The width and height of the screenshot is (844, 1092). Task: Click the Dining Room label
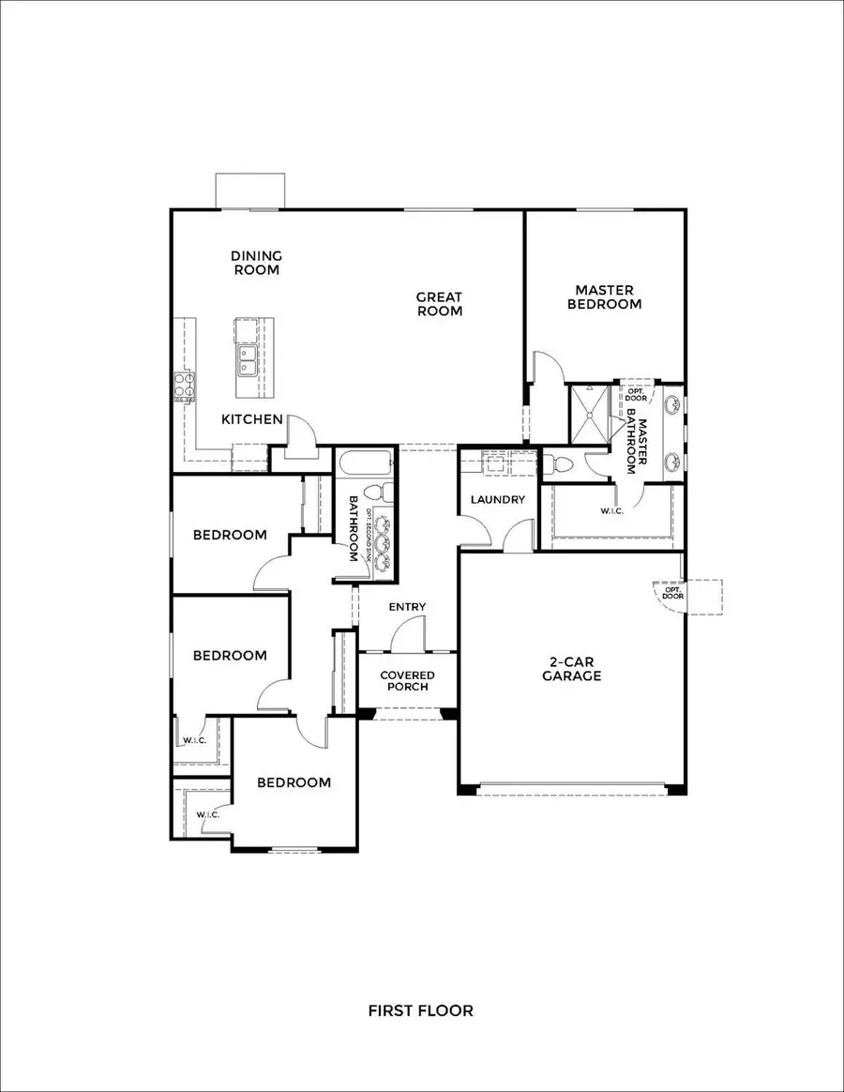256,263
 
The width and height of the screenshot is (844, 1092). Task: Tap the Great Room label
440,304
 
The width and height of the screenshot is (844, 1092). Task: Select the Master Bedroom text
608,297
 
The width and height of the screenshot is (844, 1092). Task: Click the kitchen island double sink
249,359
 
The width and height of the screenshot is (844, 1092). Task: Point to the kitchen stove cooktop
184,387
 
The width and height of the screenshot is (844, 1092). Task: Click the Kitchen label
252,419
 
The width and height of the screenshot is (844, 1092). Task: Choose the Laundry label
499,499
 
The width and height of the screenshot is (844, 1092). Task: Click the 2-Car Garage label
571,668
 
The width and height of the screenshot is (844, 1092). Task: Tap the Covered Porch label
407,681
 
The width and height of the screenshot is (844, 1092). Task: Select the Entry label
407,607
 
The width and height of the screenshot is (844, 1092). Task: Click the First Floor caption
420,1010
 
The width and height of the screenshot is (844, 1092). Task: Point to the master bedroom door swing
549,369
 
